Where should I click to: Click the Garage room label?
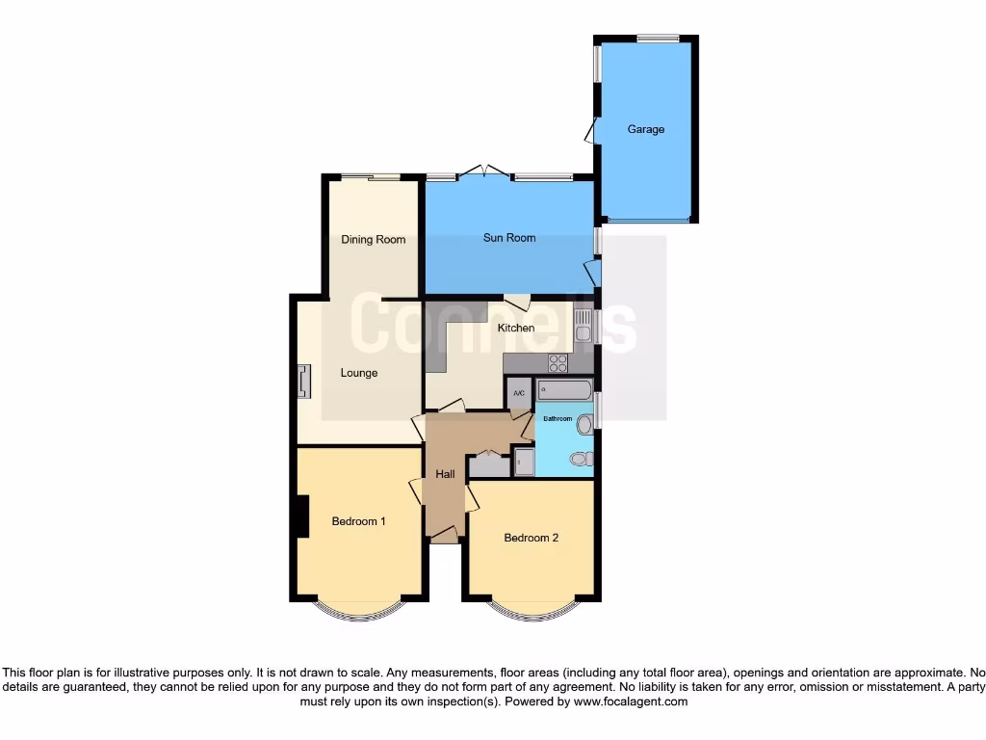point(646,129)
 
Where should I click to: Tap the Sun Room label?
point(509,238)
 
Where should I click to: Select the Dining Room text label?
point(374,240)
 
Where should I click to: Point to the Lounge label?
point(359,373)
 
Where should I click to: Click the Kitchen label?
point(516,329)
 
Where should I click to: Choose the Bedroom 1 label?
point(359,521)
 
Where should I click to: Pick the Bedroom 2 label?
point(532,538)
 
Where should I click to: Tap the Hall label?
point(445,474)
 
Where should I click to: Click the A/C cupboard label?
point(519,393)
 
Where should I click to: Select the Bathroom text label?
point(558,419)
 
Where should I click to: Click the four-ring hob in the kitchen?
point(558,364)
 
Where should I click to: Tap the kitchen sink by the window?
point(583,329)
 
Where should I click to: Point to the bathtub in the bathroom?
point(565,389)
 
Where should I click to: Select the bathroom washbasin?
point(584,424)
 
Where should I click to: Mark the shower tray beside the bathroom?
point(524,462)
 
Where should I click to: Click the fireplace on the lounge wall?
point(304,382)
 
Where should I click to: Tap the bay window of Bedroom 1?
point(358,611)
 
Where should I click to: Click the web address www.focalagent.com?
point(631,702)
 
